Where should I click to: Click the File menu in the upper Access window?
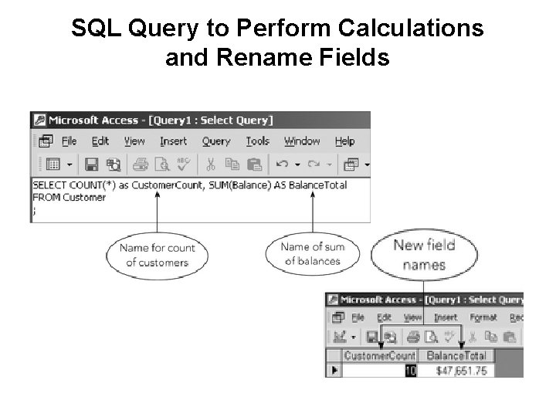(69, 141)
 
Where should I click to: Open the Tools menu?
(258, 141)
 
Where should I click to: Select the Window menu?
(302, 141)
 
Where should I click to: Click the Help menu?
(345, 141)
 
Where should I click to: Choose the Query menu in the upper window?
(216, 141)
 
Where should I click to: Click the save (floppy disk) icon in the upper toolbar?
(91, 164)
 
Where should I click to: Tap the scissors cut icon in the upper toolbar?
(209, 164)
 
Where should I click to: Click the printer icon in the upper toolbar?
(140, 164)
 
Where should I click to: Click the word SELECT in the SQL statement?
(49, 185)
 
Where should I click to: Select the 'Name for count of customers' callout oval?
(157, 255)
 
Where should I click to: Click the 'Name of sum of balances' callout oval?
(313, 254)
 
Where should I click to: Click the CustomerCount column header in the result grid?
(379, 356)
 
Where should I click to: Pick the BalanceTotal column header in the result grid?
(456, 356)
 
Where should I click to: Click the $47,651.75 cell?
(461, 370)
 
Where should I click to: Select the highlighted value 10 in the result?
(410, 370)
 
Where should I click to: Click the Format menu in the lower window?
(483, 317)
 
